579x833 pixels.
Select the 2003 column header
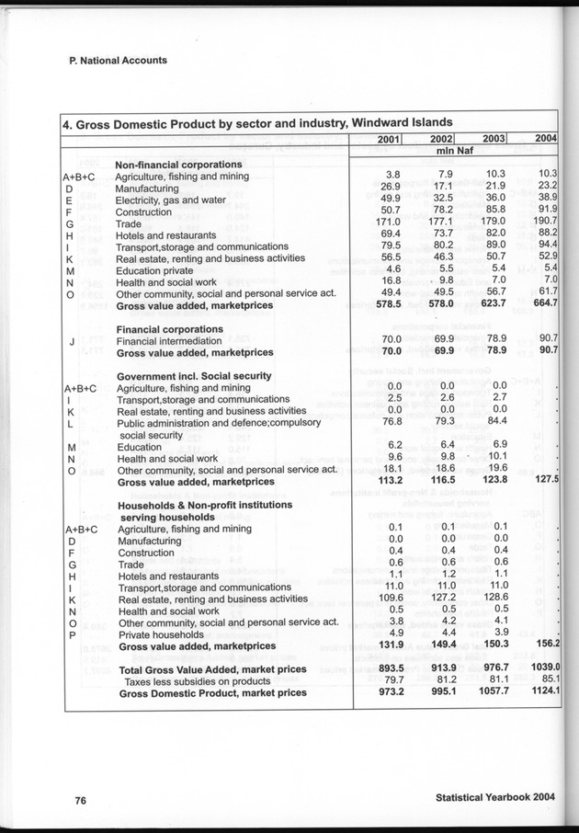click(494, 139)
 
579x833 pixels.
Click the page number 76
click(81, 800)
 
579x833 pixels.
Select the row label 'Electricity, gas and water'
click(170, 200)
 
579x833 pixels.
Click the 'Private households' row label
click(160, 633)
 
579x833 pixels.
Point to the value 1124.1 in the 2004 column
click(544, 692)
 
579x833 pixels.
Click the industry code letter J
click(71, 342)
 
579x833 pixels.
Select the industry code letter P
click(70, 633)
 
